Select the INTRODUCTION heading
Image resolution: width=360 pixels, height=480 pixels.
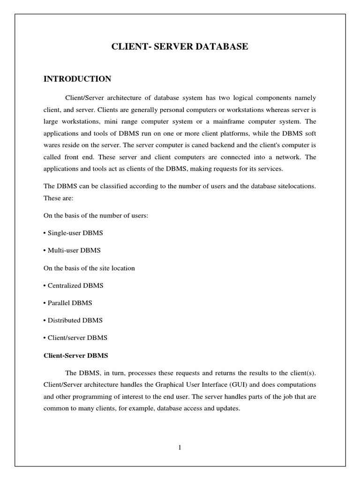coord(77,79)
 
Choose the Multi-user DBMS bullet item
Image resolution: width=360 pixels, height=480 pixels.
coord(72,250)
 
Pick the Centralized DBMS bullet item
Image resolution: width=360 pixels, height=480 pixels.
coord(74,285)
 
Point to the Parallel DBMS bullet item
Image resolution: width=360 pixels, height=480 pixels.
coord(68,303)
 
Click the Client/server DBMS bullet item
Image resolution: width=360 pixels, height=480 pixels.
coord(75,337)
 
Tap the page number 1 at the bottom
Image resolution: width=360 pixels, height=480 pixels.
coord(180,448)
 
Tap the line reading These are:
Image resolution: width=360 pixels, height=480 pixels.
coord(56,198)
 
